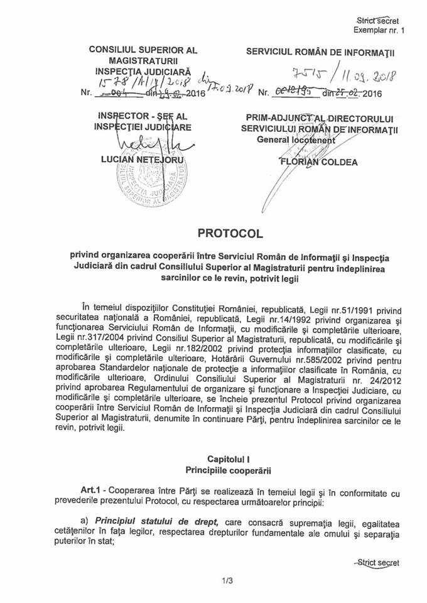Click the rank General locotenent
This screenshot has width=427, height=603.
click(301, 141)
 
